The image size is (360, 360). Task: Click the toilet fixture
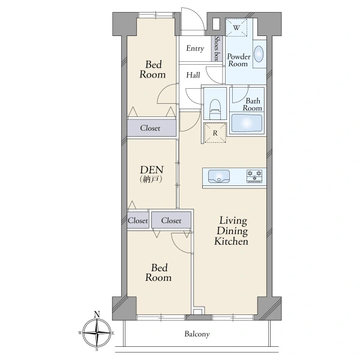coord(215,109)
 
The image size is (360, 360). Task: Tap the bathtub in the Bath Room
coord(247,123)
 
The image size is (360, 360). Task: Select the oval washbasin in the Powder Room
coord(259,54)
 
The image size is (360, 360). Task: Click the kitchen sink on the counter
coord(219,176)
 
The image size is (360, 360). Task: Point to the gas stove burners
coord(254,176)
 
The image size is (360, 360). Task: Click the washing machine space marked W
coord(236,28)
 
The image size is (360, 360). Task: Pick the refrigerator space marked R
coord(215,133)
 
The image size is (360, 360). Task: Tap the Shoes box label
coord(217,49)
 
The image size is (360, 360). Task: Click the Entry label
coord(195,49)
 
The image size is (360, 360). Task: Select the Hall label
coord(193,75)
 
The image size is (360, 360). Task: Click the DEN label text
coord(152,170)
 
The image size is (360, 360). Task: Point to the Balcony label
coord(197,334)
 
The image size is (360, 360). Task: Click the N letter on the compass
coord(97,314)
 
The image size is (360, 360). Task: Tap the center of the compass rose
coord(97,332)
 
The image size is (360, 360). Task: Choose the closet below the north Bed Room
coord(152,128)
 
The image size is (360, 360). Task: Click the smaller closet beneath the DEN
coord(138,220)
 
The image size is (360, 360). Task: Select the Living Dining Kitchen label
coord(231,231)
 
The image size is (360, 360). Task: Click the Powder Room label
coord(239,60)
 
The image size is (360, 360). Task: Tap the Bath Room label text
coord(253,104)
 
